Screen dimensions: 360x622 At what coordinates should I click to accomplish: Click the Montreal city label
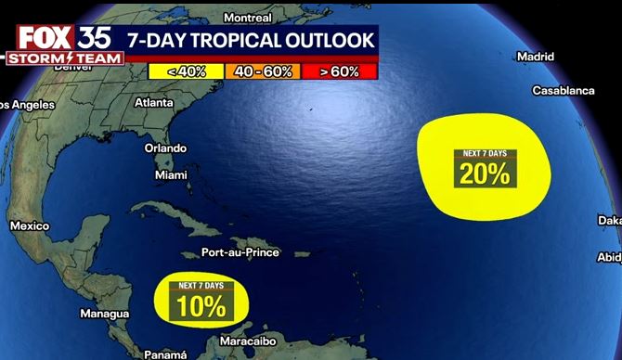[248, 18]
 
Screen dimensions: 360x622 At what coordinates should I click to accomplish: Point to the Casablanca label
[564, 90]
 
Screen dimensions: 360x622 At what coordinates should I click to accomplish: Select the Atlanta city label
[154, 103]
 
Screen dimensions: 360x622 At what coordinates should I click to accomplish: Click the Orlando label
[165, 148]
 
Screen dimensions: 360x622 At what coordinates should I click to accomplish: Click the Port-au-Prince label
[240, 252]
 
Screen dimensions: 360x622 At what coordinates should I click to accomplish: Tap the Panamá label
[166, 354]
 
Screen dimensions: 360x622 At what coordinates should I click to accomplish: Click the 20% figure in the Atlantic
[485, 173]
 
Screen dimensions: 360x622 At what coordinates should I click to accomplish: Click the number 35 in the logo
[96, 38]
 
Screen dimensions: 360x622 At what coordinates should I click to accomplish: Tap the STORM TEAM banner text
[62, 58]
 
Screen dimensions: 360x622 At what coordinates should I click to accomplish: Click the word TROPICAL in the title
[244, 39]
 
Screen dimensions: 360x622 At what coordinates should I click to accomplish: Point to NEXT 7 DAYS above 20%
[485, 153]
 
